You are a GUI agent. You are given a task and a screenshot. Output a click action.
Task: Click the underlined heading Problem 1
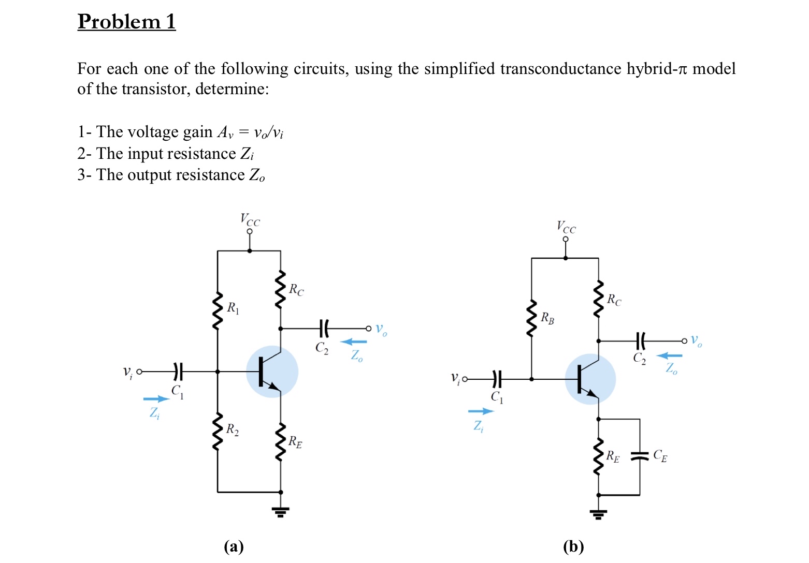126,22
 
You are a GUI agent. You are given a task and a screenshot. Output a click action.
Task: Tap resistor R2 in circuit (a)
218,432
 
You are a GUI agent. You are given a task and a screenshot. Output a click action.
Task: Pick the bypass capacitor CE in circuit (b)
640,456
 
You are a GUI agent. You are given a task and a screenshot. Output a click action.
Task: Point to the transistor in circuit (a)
271,372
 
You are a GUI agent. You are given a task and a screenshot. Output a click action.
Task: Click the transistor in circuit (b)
590,380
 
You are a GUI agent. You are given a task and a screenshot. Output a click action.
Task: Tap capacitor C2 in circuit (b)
640,341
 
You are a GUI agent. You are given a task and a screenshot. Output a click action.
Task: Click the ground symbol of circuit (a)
281,512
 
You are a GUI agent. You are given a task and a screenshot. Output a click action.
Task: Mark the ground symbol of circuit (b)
599,514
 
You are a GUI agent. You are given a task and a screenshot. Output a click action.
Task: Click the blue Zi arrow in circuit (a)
156,399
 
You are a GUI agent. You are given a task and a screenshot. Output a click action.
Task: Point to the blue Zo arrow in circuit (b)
669,355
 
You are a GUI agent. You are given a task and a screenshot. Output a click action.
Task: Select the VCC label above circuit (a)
250,220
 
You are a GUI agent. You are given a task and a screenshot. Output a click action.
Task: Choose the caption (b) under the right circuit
573,546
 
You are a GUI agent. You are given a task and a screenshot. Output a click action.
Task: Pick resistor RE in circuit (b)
599,456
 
